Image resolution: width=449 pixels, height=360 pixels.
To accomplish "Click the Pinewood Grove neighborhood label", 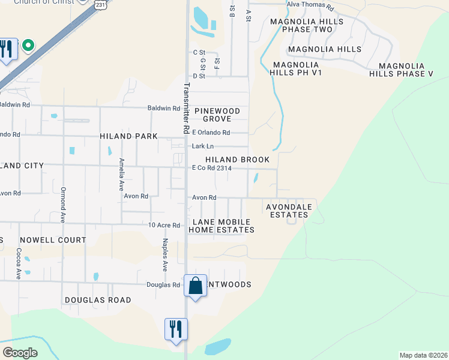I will click(x=217, y=115).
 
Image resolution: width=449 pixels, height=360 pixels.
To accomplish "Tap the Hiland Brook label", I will click(x=237, y=160).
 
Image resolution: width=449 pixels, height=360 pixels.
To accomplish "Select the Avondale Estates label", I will click(x=289, y=211).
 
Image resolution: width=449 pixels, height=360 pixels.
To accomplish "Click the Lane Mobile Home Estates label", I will click(x=221, y=226).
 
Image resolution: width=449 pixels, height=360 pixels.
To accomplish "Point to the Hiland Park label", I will click(x=128, y=136).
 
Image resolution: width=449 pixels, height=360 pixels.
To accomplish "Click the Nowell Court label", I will click(x=53, y=240).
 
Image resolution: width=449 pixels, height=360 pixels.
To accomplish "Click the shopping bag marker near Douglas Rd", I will click(x=196, y=286).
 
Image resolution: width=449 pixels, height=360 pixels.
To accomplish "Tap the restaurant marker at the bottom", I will click(x=176, y=329).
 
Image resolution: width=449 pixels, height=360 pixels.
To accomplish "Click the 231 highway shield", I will click(x=100, y=4).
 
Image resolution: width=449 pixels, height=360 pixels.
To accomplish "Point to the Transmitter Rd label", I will click(x=186, y=107).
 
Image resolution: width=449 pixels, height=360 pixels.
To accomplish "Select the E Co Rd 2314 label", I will click(x=211, y=169).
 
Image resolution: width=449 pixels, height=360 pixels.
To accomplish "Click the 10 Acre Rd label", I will click(x=164, y=226).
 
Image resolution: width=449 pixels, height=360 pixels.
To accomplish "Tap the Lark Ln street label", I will click(x=202, y=146).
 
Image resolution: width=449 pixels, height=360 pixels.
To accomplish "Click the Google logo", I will click(x=20, y=353).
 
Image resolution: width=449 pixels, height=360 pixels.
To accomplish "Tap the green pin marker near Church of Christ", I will click(x=28, y=45).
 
